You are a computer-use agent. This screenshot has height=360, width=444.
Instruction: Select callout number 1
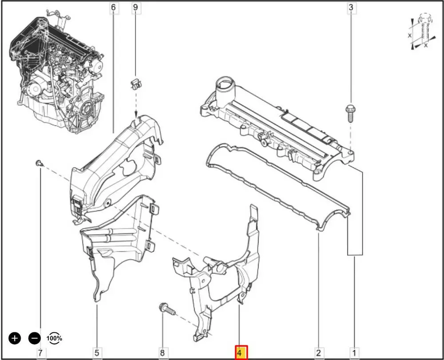354,352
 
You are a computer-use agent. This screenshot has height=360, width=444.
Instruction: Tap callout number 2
318,352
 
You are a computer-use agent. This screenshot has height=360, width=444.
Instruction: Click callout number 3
351,8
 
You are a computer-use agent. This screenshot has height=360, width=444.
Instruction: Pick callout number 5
97,352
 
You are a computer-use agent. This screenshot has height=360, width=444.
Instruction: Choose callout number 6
114,8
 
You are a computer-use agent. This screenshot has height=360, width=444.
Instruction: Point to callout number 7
40,352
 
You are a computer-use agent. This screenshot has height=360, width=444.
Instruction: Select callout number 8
162,352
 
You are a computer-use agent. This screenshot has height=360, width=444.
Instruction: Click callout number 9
135,8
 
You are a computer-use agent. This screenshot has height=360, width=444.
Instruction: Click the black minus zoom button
35,338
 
